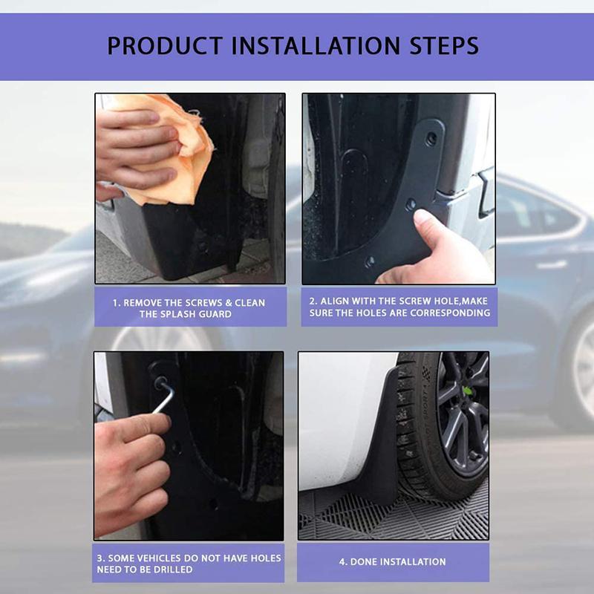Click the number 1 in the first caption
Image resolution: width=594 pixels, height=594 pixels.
[x=116, y=303]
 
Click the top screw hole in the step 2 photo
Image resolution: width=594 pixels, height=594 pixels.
[x=431, y=139]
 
